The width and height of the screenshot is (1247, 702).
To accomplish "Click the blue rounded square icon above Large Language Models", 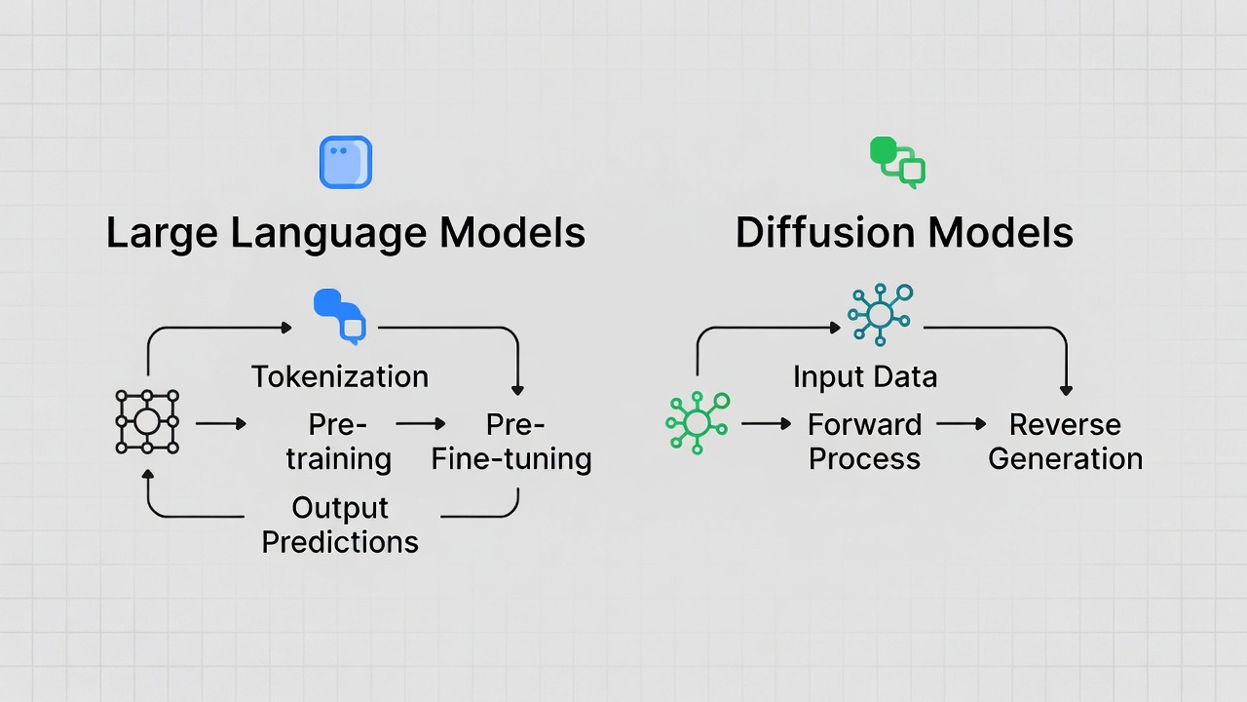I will pos(346,162).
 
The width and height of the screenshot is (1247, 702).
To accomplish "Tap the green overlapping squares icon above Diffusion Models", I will pos(897,162).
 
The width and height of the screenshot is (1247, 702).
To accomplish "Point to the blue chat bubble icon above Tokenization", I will pos(340,315).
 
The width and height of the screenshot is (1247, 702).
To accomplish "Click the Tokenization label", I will pos(340,376).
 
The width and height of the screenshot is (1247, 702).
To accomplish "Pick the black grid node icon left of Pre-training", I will pos(147,422).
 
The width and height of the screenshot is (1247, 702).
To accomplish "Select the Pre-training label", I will pos(338,442).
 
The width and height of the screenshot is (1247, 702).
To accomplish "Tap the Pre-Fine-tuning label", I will pos(512,442).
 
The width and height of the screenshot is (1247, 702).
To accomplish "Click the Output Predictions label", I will pos(340,525).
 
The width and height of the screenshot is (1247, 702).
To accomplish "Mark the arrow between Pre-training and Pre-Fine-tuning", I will pos(421,424).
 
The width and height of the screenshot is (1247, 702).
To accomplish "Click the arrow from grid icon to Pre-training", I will pos(221,424).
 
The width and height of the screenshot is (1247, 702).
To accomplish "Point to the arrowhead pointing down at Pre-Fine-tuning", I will pos(517,388).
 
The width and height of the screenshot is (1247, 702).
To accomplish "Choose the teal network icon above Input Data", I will pos(880,314).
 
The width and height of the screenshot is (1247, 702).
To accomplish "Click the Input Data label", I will pos(865,376).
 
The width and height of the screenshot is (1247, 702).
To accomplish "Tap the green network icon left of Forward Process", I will pos(698,422).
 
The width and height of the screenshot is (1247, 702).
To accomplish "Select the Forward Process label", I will pos(865,442).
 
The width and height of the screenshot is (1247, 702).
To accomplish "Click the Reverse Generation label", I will pos(1065,442).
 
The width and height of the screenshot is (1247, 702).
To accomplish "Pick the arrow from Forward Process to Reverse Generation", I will pos(962,424).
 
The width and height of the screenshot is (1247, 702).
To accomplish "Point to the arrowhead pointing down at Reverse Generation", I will pos(1066,388).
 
